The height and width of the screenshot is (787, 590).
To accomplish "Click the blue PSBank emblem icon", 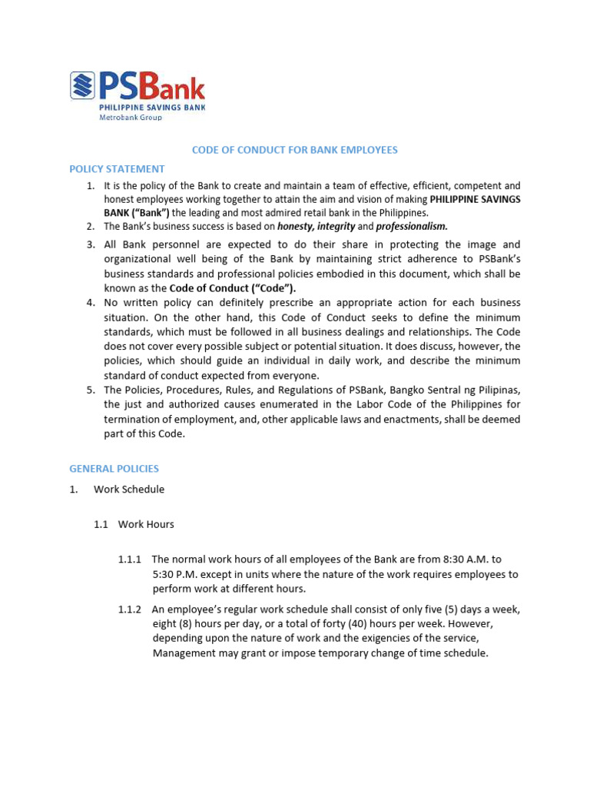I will (x=82, y=85).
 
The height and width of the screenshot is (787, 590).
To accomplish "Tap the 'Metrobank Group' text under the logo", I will (x=131, y=118).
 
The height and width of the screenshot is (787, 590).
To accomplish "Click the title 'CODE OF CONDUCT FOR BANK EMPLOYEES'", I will (x=294, y=150).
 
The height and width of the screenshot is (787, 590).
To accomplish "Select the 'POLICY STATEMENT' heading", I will (x=117, y=169).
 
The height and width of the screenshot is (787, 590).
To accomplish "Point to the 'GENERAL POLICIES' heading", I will (x=114, y=468).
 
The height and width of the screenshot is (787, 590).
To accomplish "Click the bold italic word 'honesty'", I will (x=296, y=227).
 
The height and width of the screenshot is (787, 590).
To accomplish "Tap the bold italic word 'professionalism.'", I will (x=411, y=227).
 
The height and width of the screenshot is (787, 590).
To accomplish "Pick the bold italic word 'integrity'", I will (x=336, y=227).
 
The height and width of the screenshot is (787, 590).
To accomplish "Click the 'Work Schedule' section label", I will (x=129, y=489).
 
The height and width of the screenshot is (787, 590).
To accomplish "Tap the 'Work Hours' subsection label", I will (x=146, y=524).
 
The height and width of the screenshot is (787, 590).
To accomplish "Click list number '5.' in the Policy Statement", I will (x=90, y=390).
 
